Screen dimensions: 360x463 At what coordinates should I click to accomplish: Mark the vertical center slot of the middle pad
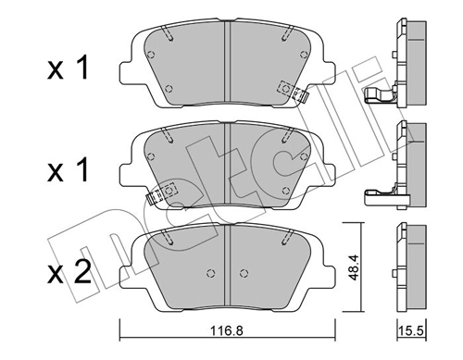(229, 167)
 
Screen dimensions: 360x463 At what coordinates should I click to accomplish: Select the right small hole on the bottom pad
(244, 273)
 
